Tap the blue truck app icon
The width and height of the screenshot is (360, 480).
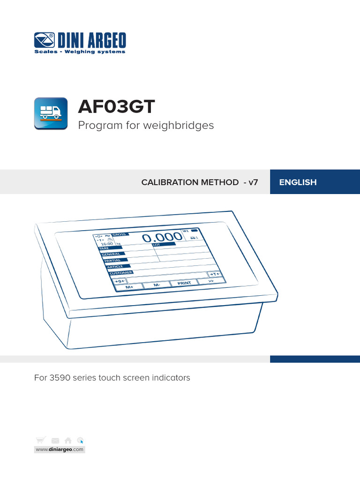point(51,113)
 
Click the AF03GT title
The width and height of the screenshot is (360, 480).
point(116,107)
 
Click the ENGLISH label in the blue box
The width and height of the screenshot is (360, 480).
point(298,182)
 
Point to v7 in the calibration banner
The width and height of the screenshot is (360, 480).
point(253,182)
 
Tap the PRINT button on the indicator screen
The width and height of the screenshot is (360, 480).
point(184,283)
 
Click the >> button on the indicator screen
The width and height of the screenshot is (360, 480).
point(211,281)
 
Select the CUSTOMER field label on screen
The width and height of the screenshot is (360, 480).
point(121,272)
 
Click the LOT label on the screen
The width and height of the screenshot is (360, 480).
point(157,245)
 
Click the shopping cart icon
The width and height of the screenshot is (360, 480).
point(41,440)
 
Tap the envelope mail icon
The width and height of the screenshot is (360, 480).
point(55,441)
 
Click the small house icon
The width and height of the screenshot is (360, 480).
point(68,440)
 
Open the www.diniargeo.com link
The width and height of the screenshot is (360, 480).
point(59,450)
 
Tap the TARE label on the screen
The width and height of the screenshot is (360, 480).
point(104,248)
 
